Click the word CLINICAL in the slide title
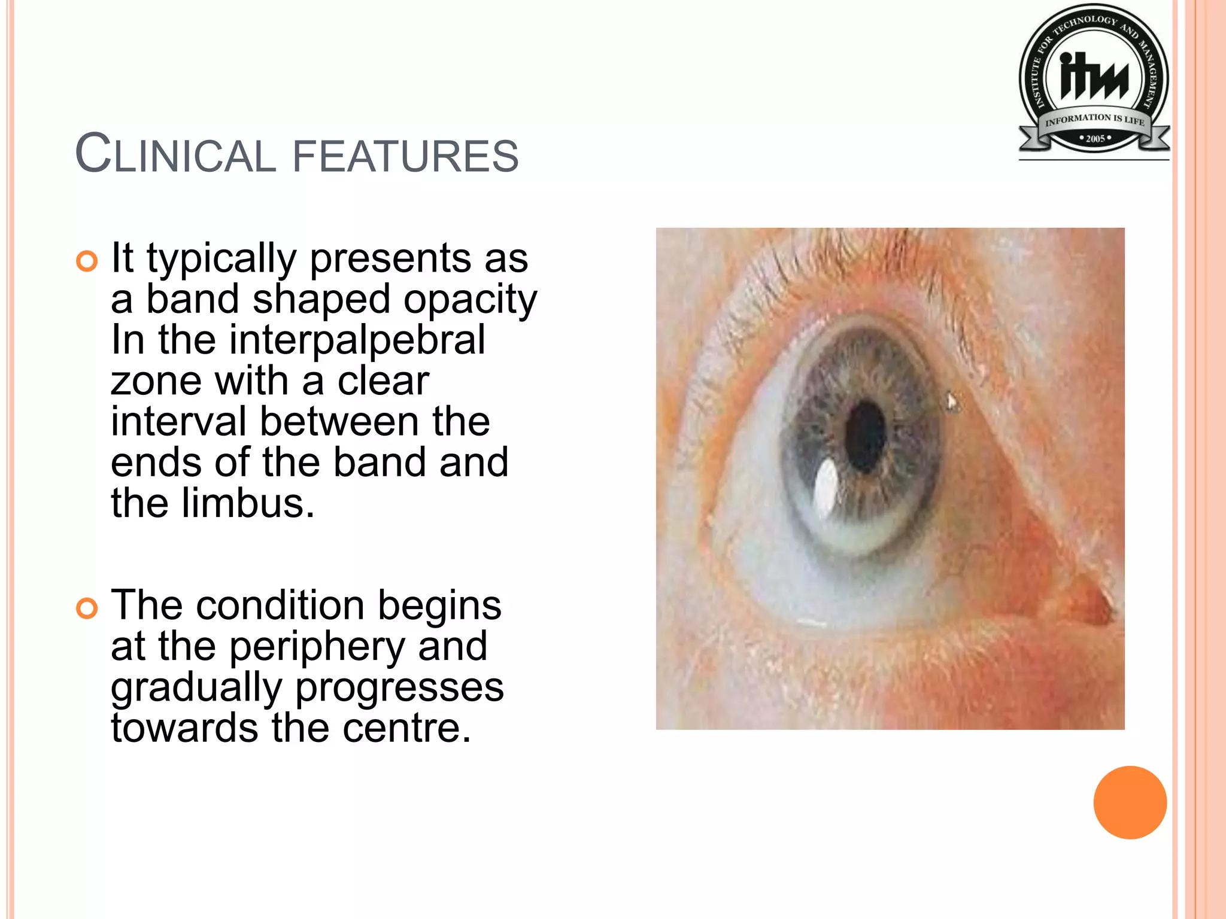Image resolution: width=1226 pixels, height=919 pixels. tap(175, 154)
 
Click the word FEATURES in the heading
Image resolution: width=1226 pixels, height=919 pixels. tap(405, 156)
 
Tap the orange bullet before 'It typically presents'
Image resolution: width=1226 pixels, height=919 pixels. tap(87, 261)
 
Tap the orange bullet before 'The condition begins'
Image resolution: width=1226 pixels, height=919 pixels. tap(87, 608)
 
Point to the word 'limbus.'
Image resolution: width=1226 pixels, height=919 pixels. tap(248, 503)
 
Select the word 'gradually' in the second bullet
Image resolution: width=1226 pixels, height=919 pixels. tap(196, 688)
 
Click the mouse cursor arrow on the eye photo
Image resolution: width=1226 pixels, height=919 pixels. tap(951, 401)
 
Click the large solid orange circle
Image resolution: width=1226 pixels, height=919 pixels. tap(1130, 802)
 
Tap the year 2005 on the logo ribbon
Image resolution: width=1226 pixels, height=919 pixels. tap(1095, 139)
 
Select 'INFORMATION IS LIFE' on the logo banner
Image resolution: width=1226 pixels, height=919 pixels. tap(1094, 119)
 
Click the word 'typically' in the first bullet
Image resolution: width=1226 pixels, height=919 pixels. tap(221, 258)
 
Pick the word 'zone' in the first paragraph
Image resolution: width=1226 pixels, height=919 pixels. tap(156, 382)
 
